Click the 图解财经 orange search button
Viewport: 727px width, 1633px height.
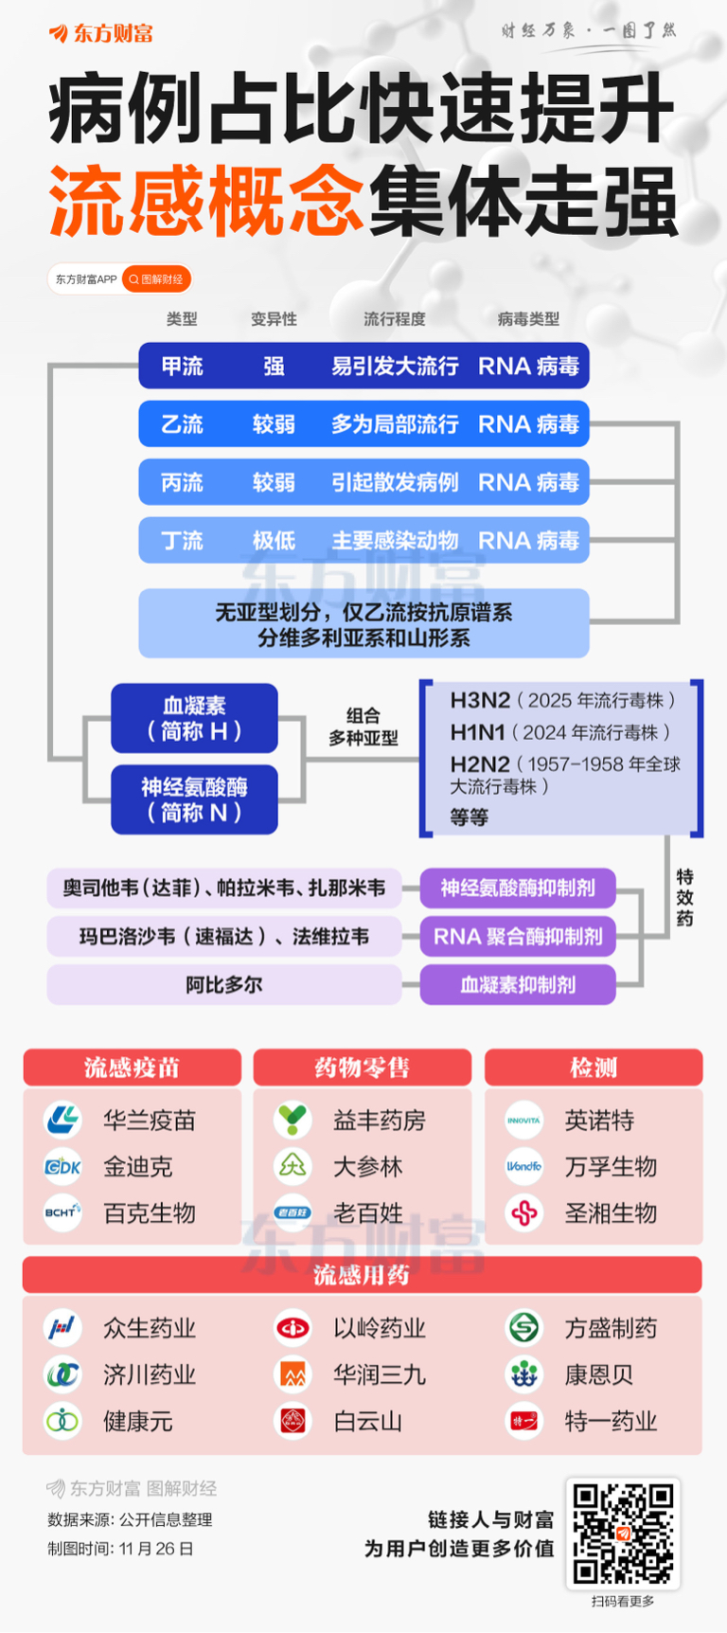click(x=156, y=279)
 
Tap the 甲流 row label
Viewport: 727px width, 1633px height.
click(x=182, y=367)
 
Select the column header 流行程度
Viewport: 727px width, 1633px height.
click(x=394, y=319)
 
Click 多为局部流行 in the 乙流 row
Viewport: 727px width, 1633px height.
click(x=394, y=424)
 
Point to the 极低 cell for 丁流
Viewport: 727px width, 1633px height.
click(x=274, y=541)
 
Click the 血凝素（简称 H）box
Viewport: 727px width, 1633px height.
click(x=194, y=718)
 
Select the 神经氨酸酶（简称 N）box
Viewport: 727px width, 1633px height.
click(x=194, y=799)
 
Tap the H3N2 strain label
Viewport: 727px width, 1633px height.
click(x=480, y=700)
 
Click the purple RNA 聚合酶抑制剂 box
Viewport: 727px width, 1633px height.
click(x=518, y=937)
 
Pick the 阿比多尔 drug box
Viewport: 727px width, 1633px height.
click(x=224, y=985)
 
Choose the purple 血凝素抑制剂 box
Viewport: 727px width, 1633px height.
click(x=518, y=985)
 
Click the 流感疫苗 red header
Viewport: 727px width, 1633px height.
click(x=132, y=1068)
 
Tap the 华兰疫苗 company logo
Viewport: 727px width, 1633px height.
click(x=63, y=1120)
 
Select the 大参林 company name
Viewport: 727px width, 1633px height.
click(x=368, y=1167)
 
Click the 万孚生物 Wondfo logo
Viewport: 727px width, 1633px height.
click(x=523, y=1166)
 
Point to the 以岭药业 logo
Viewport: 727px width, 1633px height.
click(x=293, y=1328)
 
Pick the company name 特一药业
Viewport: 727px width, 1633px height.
click(x=611, y=1421)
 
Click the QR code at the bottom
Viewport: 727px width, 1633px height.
click(x=623, y=1534)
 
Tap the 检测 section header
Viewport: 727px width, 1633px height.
click(x=594, y=1068)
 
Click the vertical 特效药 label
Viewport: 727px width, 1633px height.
click(x=684, y=897)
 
